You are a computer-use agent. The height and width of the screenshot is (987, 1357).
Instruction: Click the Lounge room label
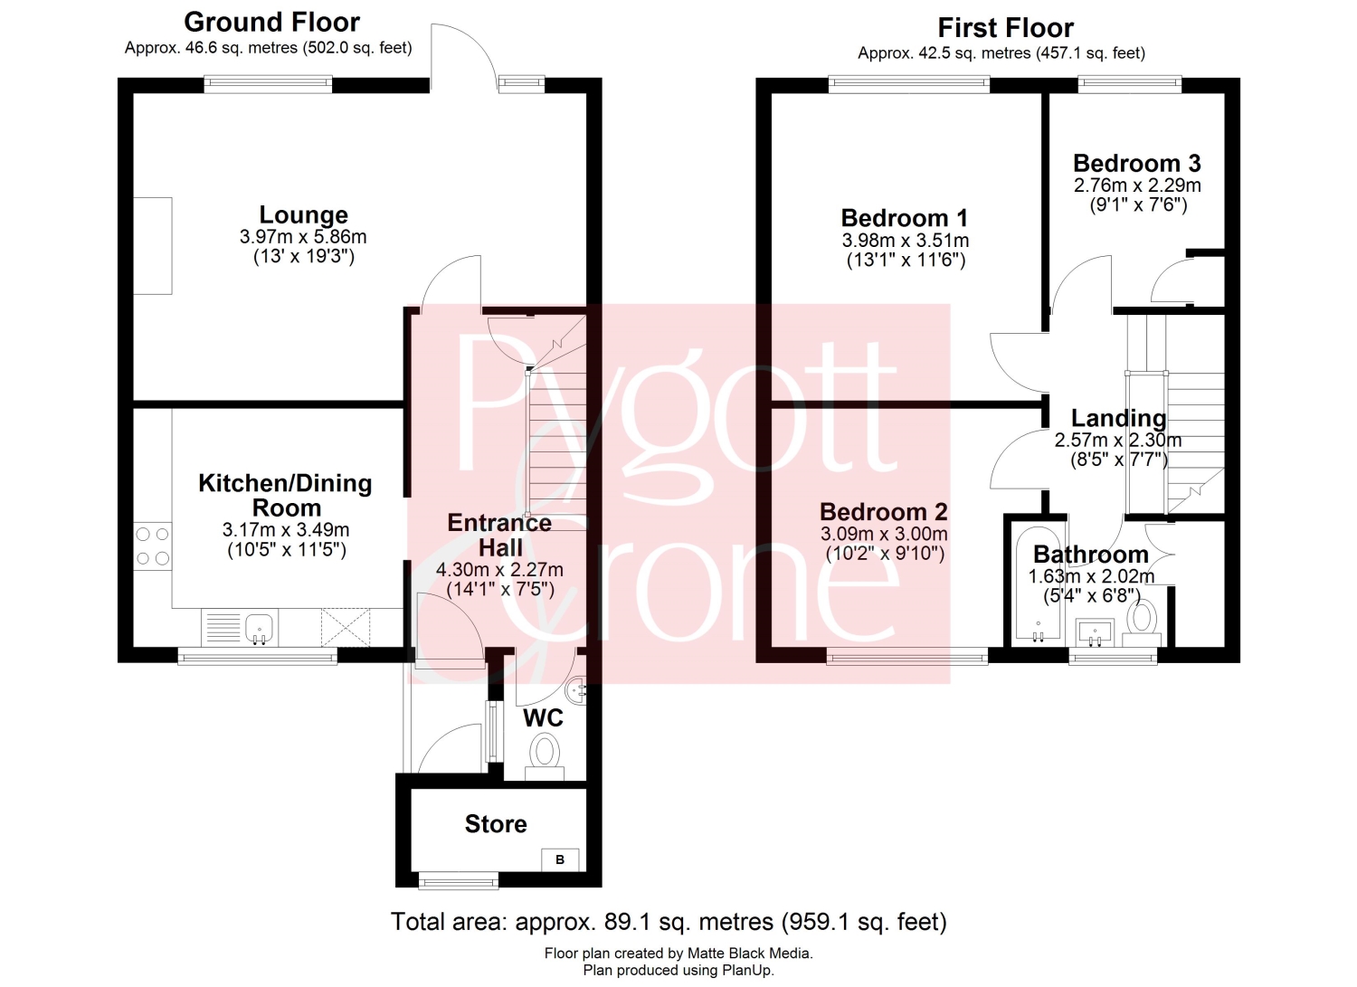(x=303, y=215)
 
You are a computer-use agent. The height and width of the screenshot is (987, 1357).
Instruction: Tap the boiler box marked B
(x=560, y=859)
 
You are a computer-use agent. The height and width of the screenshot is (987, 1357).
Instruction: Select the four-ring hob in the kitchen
(x=153, y=546)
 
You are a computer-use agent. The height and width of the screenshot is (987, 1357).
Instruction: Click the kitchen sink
(x=260, y=628)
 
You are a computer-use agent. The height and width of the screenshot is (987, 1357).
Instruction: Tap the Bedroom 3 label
(x=1137, y=163)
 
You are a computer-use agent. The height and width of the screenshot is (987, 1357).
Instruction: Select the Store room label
(x=496, y=824)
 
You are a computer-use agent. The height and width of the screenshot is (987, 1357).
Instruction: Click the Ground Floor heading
(x=272, y=23)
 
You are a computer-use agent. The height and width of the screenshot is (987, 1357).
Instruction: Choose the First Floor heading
(x=1006, y=28)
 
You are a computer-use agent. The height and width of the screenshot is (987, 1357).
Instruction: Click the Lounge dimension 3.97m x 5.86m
(x=303, y=237)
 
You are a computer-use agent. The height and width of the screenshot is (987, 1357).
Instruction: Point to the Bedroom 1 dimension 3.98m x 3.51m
(x=905, y=241)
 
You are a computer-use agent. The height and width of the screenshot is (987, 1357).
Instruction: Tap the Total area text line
(x=669, y=922)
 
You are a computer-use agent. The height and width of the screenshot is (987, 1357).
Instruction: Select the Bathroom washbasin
(x=1095, y=632)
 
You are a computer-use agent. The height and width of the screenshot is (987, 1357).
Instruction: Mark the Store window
(x=459, y=880)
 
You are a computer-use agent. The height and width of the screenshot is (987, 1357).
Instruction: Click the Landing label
(x=1118, y=418)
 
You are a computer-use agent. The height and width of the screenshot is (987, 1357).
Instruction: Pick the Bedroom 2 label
(x=883, y=512)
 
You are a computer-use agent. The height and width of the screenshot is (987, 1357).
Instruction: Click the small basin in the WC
(x=576, y=688)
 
